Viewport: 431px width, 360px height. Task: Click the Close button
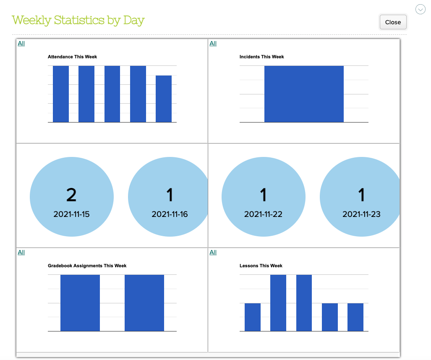click(393, 22)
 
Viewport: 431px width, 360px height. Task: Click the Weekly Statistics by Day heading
click(78, 20)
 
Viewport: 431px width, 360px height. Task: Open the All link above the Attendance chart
click(21, 43)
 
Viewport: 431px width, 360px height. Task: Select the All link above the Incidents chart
click(213, 43)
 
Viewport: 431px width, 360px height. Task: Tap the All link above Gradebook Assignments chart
click(21, 252)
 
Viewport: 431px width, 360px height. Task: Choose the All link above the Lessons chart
click(213, 252)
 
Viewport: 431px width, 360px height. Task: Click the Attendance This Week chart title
click(72, 57)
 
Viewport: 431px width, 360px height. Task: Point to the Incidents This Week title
click(261, 57)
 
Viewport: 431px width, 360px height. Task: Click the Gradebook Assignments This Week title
click(87, 266)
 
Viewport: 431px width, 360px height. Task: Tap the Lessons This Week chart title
click(261, 266)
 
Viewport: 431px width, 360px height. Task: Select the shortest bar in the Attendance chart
click(164, 99)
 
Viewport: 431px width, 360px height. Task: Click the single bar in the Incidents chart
click(304, 94)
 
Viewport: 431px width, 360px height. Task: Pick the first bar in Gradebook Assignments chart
click(80, 303)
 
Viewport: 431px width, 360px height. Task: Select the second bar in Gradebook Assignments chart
click(144, 303)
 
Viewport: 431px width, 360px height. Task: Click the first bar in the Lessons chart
click(253, 317)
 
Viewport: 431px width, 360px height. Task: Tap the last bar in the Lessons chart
click(355, 317)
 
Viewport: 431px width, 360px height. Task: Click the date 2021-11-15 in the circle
click(71, 214)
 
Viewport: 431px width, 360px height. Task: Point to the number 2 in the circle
click(71, 195)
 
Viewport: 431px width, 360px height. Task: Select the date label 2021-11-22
click(263, 214)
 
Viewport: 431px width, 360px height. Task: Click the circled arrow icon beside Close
click(421, 9)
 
